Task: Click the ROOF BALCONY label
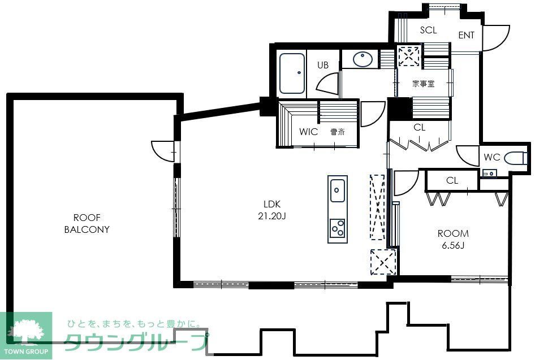click(87, 224)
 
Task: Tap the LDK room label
click(272, 204)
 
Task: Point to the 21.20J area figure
click(272, 216)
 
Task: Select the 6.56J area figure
click(453, 245)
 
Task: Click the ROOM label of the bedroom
click(453, 233)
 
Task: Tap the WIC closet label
click(308, 132)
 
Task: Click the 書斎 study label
click(338, 132)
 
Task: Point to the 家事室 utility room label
click(424, 84)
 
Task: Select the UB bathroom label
click(323, 65)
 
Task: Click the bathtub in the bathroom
click(292, 73)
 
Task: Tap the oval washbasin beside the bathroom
click(363, 59)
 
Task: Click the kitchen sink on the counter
click(338, 191)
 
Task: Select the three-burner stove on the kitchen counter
click(338, 228)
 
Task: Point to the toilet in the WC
click(515, 158)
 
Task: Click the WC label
click(491, 157)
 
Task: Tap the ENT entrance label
click(466, 35)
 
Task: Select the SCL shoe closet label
click(428, 30)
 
